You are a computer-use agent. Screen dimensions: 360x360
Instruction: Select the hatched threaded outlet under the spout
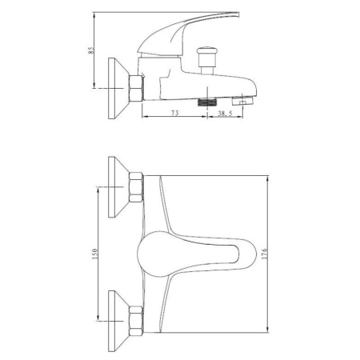[208, 102]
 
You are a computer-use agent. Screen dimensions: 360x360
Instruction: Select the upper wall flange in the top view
[118, 189]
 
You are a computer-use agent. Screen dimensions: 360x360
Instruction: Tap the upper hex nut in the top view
[136, 189]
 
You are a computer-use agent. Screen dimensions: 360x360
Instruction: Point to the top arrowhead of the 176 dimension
[265, 176]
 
